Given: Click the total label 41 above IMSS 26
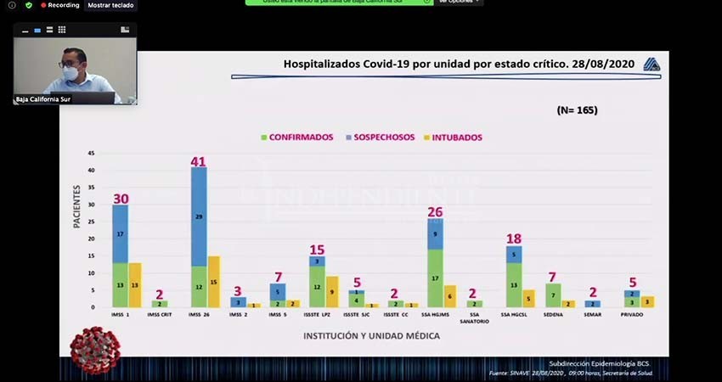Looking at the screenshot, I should point(198,161).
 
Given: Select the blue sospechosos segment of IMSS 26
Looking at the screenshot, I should point(198,216).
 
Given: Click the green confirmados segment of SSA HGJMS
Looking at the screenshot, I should point(436,278).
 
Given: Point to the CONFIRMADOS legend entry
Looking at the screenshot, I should point(296,137).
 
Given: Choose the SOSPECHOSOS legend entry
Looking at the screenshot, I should point(381,137).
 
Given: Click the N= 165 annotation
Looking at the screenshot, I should point(577,110).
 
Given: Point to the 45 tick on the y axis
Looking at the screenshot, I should point(92,154).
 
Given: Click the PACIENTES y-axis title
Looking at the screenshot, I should point(76,206).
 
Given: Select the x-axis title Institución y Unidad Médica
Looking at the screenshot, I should point(371,336).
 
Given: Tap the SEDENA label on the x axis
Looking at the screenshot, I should point(552,315).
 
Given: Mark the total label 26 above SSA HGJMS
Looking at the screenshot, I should point(436,212).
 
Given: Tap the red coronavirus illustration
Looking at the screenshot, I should point(94,350).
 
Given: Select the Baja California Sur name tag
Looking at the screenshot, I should point(42,99).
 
